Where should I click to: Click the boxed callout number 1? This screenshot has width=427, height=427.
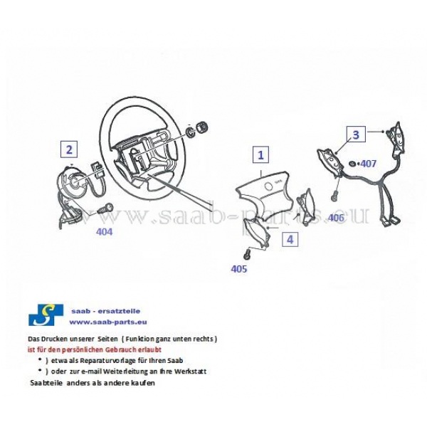coord(261,154)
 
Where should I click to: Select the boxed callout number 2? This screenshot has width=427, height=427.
coord(69,149)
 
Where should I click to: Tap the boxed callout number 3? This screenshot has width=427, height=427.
coord(356,135)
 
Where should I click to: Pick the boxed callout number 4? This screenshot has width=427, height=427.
coord(290,239)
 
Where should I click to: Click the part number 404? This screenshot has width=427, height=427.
coord(105,232)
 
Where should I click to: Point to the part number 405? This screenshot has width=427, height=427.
coord(239,269)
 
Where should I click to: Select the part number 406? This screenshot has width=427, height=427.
coord(336,218)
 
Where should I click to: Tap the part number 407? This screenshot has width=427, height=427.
coord(368,164)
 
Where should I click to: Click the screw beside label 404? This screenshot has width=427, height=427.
coord(105,208)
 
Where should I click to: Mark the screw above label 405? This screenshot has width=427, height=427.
coord(247,254)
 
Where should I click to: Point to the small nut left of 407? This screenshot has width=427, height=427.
coord(352,164)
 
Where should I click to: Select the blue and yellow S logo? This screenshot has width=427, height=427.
coord(46,315)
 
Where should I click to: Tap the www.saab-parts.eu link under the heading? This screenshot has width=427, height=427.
coord(108,322)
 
